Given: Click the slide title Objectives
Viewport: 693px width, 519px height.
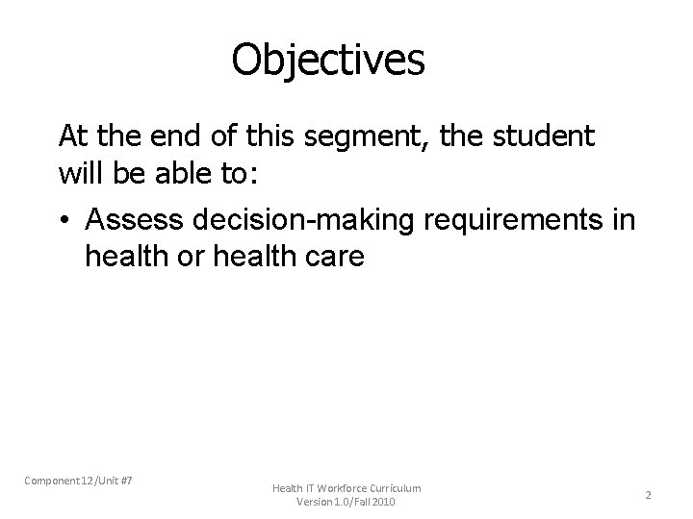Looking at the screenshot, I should coord(327,60).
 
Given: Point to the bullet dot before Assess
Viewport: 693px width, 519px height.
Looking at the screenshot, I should coord(66,221).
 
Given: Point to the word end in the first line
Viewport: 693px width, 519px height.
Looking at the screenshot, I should coord(167,136).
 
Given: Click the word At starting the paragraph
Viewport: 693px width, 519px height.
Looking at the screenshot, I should coord(73,136).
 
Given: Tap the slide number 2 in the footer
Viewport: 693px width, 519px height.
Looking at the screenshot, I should coord(648,495).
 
